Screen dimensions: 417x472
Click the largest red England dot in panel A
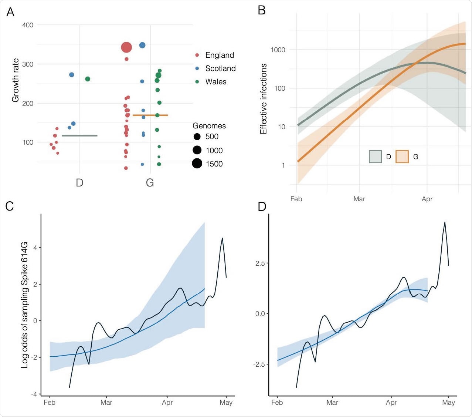click(x=126, y=47)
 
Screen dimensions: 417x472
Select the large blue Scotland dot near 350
click(x=142, y=45)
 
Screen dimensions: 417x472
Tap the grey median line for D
click(x=79, y=135)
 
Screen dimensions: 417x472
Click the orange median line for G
click(x=150, y=115)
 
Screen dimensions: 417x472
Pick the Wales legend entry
click(x=215, y=82)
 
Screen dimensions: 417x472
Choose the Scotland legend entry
click(x=220, y=68)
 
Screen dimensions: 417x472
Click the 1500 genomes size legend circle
click(x=197, y=164)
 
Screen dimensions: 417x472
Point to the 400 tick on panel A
click(x=28, y=25)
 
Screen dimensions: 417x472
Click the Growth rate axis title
click(x=15, y=80)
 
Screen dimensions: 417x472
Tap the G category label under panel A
click(x=150, y=183)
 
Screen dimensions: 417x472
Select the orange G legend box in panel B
click(x=402, y=157)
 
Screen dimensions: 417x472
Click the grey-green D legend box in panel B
click(x=375, y=157)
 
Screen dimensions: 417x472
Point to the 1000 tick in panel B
click(x=278, y=50)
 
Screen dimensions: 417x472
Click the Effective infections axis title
click(x=263, y=98)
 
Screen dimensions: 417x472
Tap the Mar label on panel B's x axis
click(x=359, y=199)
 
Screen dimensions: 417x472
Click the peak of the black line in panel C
click(x=222, y=238)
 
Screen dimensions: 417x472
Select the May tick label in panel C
click(x=226, y=403)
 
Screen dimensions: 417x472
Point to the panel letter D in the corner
click(x=262, y=206)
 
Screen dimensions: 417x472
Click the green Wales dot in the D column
click(x=88, y=79)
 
